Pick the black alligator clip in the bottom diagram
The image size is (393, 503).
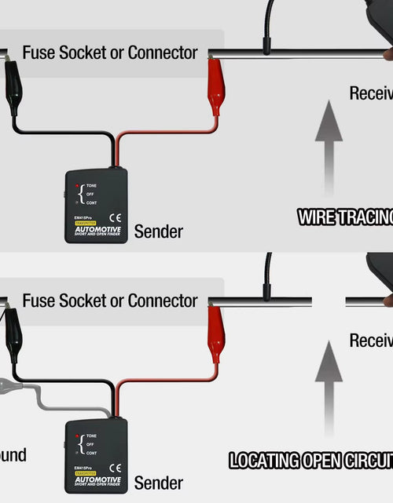(x=13, y=334)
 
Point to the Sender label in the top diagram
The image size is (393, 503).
(x=158, y=231)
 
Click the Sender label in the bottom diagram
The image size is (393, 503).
(x=158, y=483)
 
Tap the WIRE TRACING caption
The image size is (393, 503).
(x=345, y=217)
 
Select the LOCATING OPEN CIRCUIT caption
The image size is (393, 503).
(x=310, y=461)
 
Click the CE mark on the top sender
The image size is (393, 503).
(x=114, y=217)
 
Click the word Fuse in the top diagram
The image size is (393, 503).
(x=37, y=53)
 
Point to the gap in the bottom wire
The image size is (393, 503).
(x=329, y=301)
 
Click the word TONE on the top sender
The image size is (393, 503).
(x=91, y=186)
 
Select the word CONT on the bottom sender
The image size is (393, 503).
(x=91, y=453)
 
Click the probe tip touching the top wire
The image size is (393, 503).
(x=268, y=50)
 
